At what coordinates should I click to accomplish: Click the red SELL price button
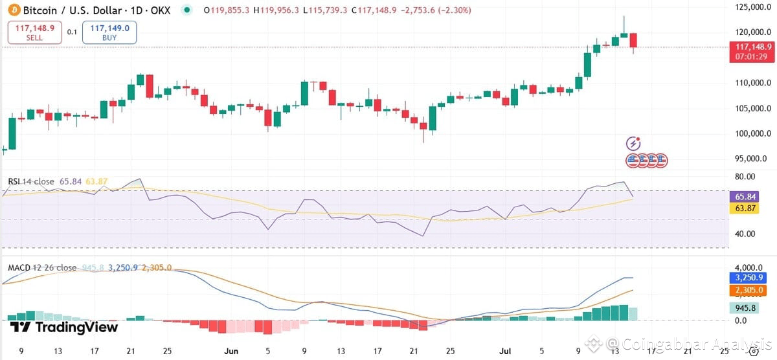(35, 32)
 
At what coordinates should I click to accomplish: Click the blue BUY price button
(109, 32)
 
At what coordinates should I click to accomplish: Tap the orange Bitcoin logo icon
(13, 10)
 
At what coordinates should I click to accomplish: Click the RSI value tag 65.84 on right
(742, 196)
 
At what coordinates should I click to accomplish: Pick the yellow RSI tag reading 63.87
(742, 208)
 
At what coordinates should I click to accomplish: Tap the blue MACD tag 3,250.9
(748, 278)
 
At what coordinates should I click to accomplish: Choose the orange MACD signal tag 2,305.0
(748, 290)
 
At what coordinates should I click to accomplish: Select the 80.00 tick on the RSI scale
(742, 177)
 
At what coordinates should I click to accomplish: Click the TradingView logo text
(65, 328)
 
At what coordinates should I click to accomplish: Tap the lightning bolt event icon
(633, 144)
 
